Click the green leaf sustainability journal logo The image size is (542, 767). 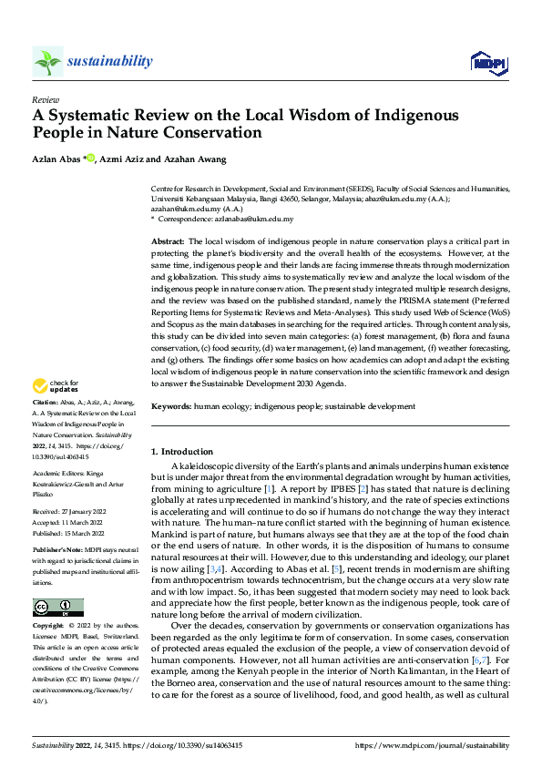tap(47, 61)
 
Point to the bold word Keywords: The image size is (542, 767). tap(170, 406)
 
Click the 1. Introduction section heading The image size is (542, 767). tap(182, 452)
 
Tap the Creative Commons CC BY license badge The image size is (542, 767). tap(57, 607)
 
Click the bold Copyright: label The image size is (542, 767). tap(49, 628)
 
